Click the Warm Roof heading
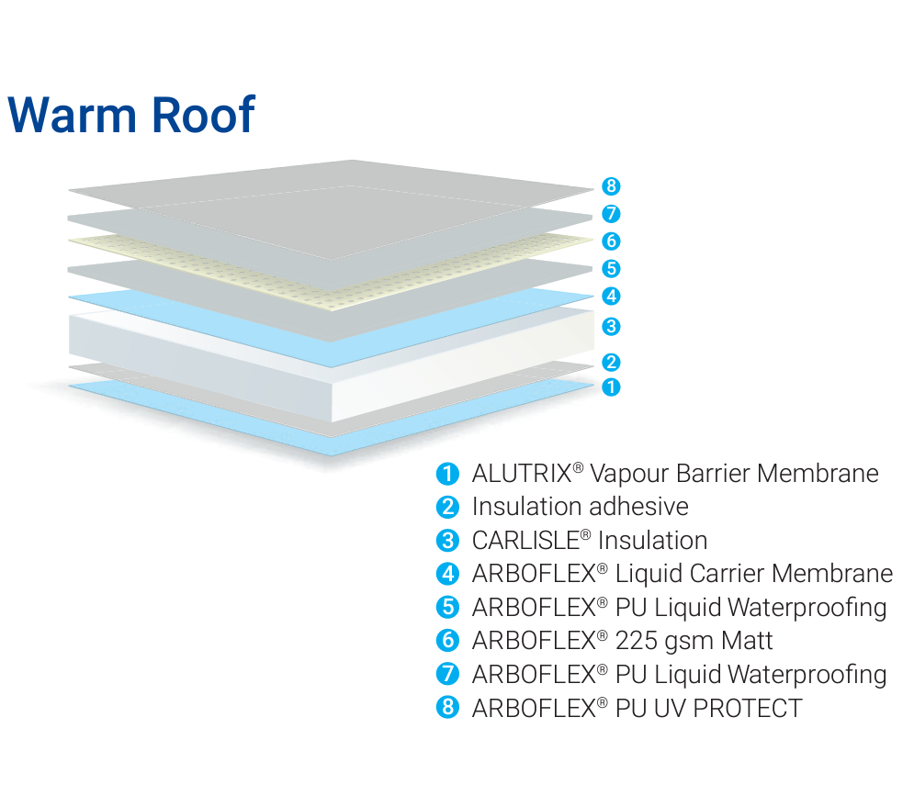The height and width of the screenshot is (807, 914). [130, 115]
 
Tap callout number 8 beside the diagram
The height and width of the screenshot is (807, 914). [612, 186]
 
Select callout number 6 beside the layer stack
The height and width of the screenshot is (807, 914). [612, 241]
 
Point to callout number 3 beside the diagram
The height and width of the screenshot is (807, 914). [612, 326]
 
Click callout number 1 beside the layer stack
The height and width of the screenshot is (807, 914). [612, 387]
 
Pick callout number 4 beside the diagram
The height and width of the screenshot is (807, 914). [612, 297]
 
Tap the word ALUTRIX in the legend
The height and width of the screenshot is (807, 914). [521, 474]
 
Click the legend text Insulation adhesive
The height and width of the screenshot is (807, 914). [580, 507]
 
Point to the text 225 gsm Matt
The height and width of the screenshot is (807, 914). [694, 641]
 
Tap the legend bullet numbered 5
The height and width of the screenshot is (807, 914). [447, 608]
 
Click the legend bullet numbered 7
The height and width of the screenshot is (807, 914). [447, 675]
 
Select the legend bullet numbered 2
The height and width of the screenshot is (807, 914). [447, 507]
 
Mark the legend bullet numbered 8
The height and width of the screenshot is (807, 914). [447, 708]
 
